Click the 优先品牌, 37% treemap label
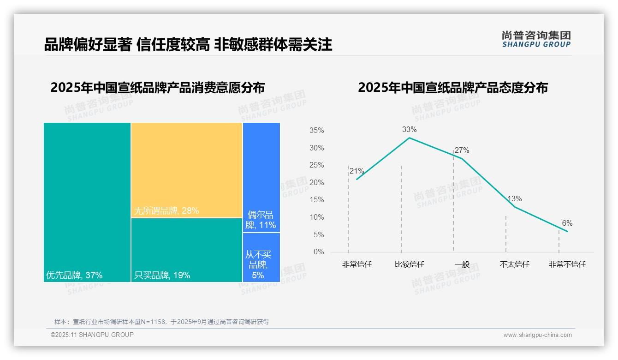[x=74, y=276]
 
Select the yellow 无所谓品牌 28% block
[x=187, y=170]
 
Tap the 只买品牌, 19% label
[x=162, y=276]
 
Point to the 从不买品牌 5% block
[x=261, y=258]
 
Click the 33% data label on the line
[x=409, y=130]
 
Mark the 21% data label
[x=357, y=171]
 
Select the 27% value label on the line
[x=462, y=150]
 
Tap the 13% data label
[x=515, y=199]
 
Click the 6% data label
[x=567, y=223]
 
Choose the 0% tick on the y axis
[x=319, y=252]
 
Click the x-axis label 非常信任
[x=357, y=264]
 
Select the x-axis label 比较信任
[x=410, y=264]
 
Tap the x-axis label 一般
[x=462, y=264]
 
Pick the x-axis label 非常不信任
[x=567, y=264]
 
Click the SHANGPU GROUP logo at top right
[x=536, y=39]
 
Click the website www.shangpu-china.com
[x=537, y=335]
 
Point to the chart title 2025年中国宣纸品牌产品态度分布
[x=452, y=88]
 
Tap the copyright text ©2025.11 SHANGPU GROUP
[x=92, y=335]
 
